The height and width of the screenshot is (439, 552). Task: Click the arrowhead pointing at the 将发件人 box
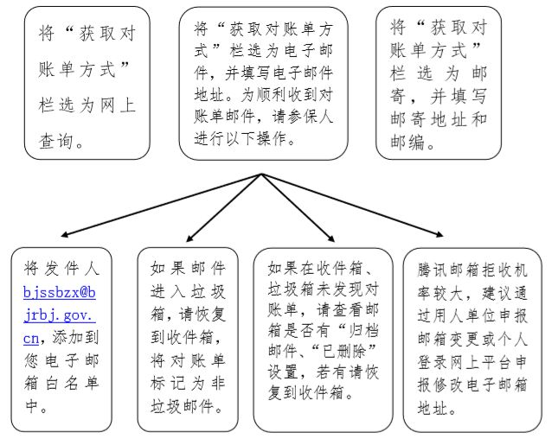(x=66, y=234)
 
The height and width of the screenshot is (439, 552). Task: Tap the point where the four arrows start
(x=260, y=175)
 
